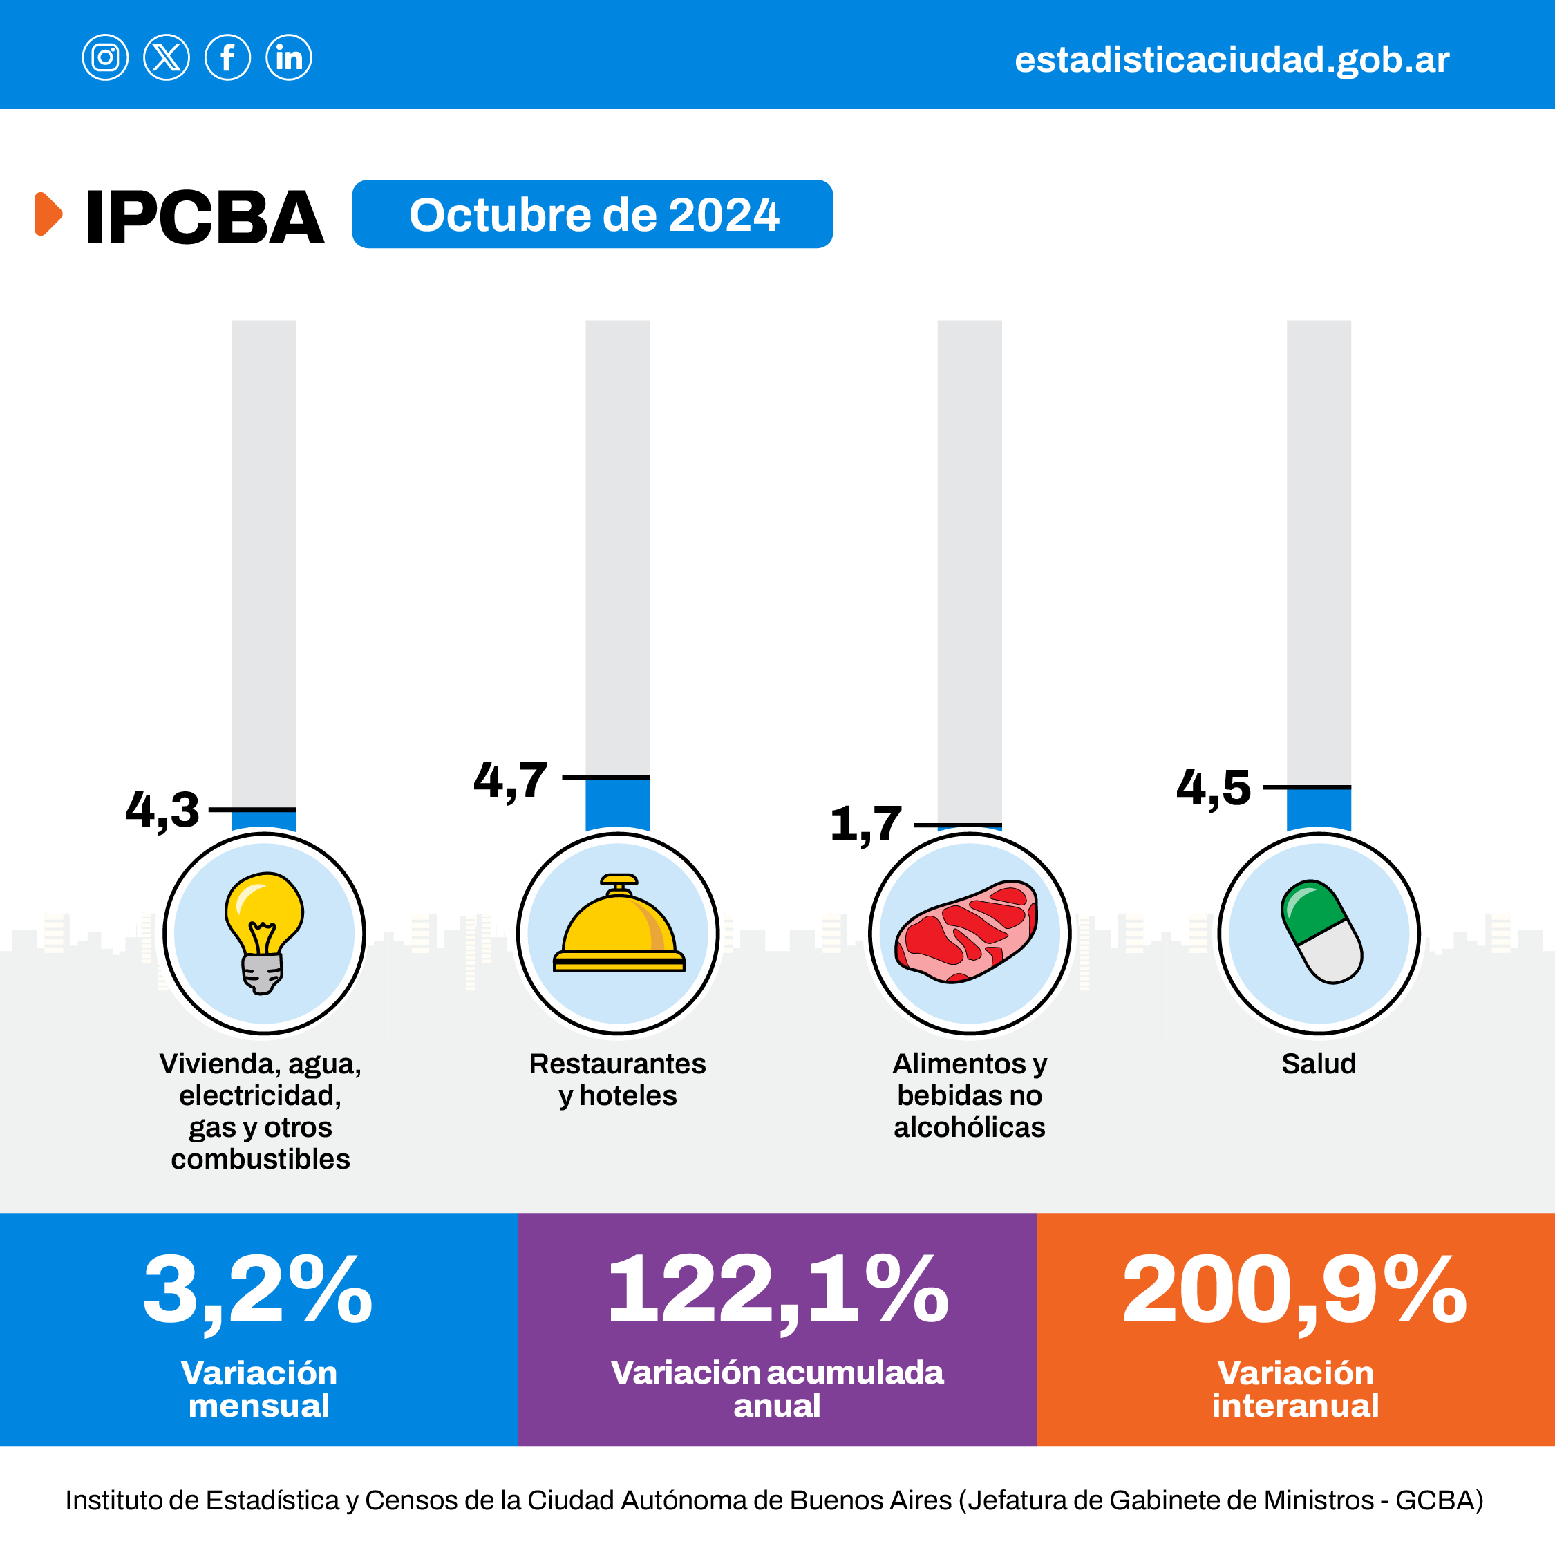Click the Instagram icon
point(104,58)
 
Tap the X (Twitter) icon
point(167,58)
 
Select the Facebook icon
point(228,58)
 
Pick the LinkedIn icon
point(289,58)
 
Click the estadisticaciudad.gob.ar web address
point(1232,60)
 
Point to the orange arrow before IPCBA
point(48,214)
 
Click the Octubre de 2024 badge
point(592,214)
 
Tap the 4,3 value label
point(162,810)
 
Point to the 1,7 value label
point(866,825)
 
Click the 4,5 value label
point(1214,788)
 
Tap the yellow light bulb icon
point(263,932)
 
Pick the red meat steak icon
point(968,932)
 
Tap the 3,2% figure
point(258,1290)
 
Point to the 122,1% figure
point(777,1290)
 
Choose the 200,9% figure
point(1294,1290)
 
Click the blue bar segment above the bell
point(617,803)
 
